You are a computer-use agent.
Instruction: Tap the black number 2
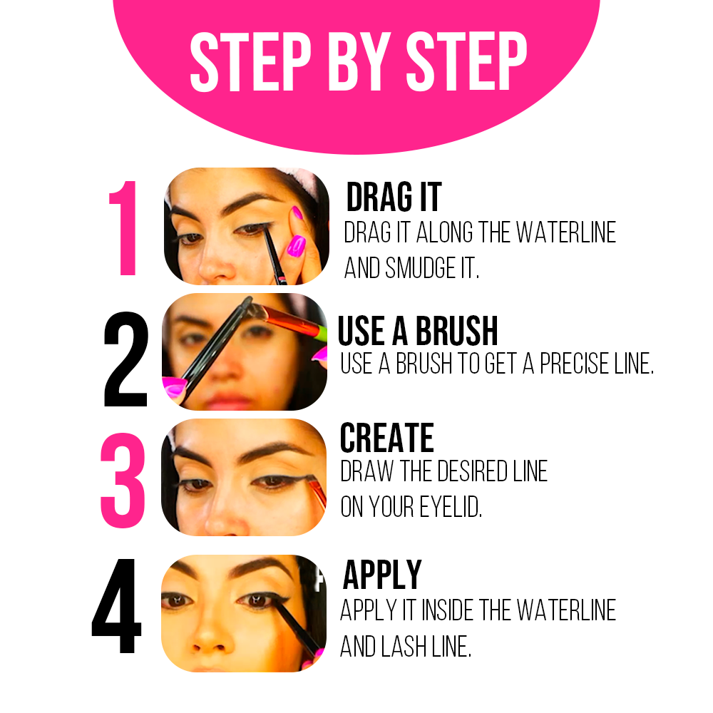(125, 359)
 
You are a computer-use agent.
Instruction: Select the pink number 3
(123, 480)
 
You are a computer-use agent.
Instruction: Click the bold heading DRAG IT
(394, 197)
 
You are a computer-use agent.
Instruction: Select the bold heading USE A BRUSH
(418, 331)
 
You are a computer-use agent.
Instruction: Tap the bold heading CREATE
(387, 438)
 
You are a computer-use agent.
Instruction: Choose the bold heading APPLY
(382, 574)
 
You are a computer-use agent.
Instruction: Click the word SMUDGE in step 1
(420, 267)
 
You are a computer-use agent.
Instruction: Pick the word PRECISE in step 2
(574, 364)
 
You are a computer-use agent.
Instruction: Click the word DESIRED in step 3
(473, 471)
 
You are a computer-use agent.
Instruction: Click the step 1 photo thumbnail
(247, 227)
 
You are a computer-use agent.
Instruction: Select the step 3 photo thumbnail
(244, 477)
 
